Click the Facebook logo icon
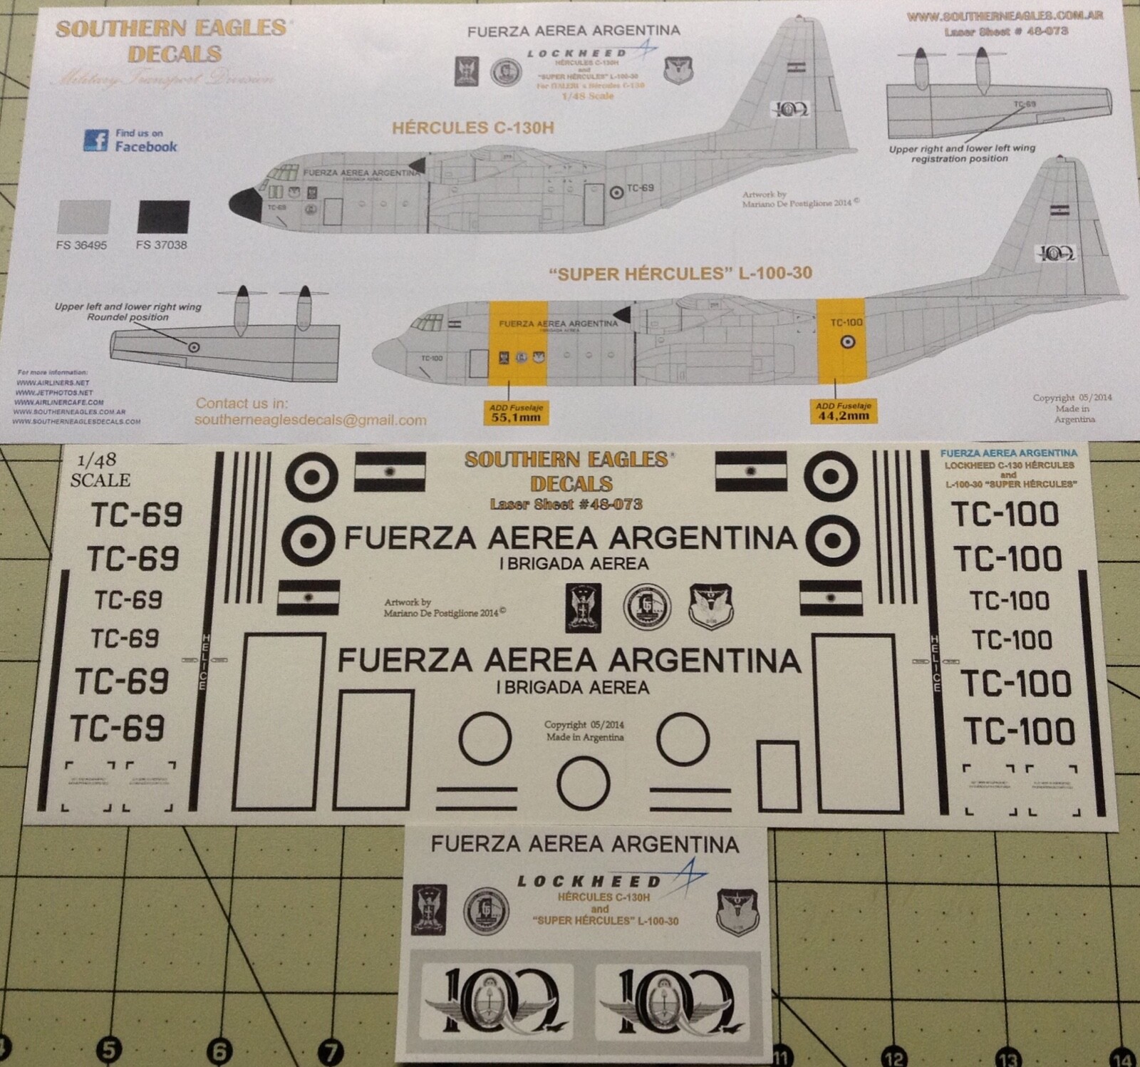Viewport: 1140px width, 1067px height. pos(95,140)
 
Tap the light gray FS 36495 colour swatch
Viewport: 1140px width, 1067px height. pos(83,217)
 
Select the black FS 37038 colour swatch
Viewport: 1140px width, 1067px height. pos(163,217)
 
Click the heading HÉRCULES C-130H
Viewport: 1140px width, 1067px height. pos(472,128)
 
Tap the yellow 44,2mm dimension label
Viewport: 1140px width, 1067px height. pos(843,411)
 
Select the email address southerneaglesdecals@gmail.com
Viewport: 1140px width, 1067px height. pos(310,421)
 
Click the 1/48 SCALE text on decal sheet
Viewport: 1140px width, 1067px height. pos(100,470)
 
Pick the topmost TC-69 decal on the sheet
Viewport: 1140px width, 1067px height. pos(136,515)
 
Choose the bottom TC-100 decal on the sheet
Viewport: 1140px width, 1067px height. pos(1019,731)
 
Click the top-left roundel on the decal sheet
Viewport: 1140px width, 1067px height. pos(311,477)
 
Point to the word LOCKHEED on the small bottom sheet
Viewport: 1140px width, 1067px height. pos(589,882)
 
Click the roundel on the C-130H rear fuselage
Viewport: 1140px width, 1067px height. pos(616,192)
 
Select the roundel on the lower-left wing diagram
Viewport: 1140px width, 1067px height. pos(193,347)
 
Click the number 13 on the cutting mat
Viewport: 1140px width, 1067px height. pos(1009,1058)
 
